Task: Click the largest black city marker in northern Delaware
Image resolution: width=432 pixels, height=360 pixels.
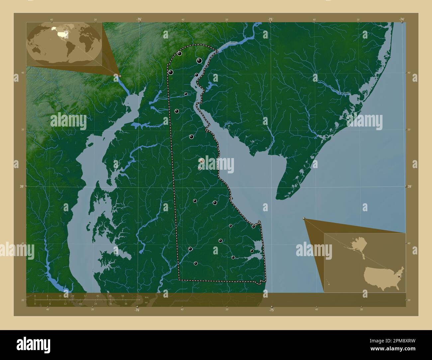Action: pos(199,60)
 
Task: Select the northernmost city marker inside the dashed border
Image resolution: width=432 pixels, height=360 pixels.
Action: pos(179,53)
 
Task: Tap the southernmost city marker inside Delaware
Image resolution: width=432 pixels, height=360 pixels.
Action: pos(195,263)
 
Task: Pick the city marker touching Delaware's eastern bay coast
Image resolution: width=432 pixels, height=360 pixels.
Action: pos(254,226)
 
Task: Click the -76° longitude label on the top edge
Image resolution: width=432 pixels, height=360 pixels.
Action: pos(139,20)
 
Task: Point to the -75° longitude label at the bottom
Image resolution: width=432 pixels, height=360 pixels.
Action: pos(271,310)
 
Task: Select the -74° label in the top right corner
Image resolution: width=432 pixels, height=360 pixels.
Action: pos(402,20)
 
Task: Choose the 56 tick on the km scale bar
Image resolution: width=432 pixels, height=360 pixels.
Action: pos(123,296)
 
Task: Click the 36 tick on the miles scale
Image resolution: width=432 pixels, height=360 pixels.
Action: pos(126,304)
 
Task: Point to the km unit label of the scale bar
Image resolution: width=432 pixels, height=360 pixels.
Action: pos(146,297)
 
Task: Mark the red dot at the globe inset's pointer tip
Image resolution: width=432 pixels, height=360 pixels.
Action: pos(120,76)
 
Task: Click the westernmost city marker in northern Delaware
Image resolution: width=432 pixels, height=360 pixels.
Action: pos(171,72)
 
